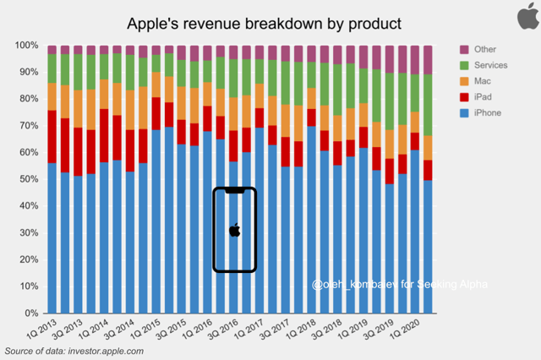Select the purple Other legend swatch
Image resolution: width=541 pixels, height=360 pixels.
[x=465, y=50]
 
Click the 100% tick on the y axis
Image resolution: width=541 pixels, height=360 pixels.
[x=26, y=45]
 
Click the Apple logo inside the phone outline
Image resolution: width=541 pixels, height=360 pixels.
[x=235, y=229]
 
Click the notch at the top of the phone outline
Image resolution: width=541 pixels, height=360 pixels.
[x=235, y=192]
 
